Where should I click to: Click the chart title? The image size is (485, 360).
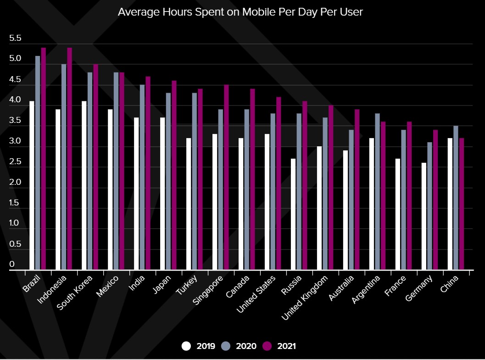pyautogui.click(x=240, y=12)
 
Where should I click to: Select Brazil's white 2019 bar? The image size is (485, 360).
pyautogui.click(x=32, y=185)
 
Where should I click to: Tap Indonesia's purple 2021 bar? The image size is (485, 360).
pyautogui.click(x=70, y=159)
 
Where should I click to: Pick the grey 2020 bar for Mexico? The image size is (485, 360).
pyautogui.click(x=116, y=171)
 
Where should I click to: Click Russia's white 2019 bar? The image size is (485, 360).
pyautogui.click(x=293, y=214)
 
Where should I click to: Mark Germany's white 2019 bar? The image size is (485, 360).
pyautogui.click(x=424, y=216)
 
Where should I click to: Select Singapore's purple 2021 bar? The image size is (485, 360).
pyautogui.click(x=226, y=177)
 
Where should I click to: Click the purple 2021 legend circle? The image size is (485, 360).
pyautogui.click(x=267, y=346)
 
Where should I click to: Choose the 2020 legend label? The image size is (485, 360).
pyautogui.click(x=246, y=346)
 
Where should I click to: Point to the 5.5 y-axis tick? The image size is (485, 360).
pyautogui.click(x=15, y=39)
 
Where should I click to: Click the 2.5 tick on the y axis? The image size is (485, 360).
pyautogui.click(x=15, y=162)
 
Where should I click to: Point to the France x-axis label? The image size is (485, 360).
pyautogui.click(x=395, y=286)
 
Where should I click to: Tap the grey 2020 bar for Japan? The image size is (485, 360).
pyautogui.click(x=168, y=181)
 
